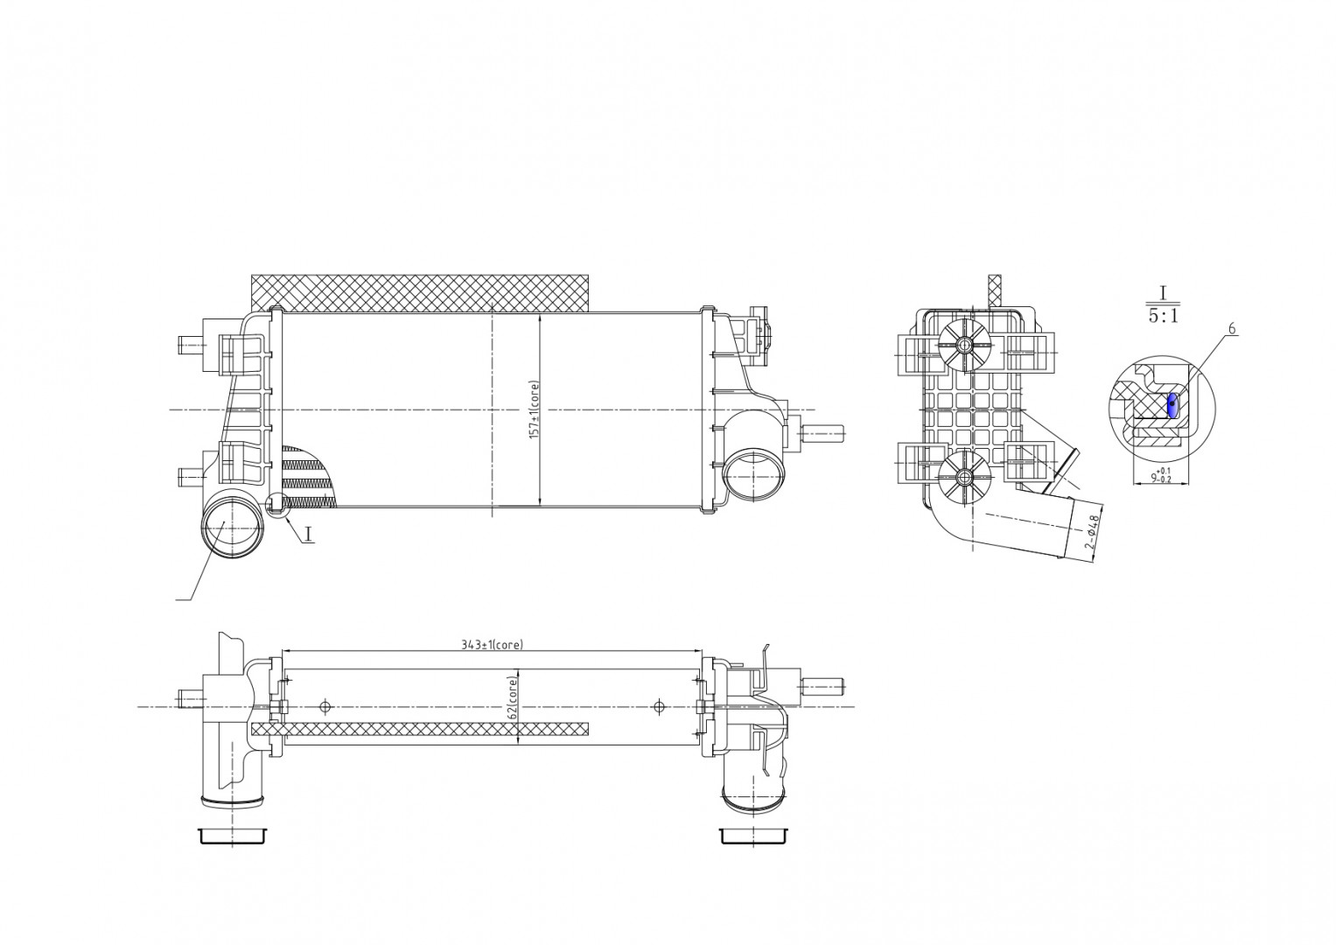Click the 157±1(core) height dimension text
click(533, 410)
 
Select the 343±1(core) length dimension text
click(492, 645)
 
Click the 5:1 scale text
click(1163, 316)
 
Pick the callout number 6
click(1231, 329)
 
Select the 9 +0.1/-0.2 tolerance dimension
click(1161, 475)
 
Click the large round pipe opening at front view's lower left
click(233, 528)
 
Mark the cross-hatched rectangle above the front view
click(419, 292)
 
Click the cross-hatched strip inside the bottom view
click(419, 729)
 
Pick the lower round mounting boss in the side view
click(963, 477)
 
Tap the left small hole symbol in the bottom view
click(325, 706)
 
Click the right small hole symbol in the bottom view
click(660, 706)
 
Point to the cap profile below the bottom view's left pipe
click(233, 836)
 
